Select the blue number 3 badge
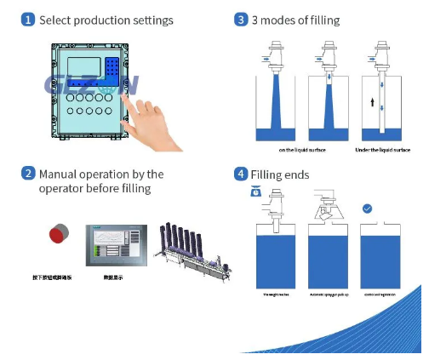click(x=241, y=20)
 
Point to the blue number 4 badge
click(x=241, y=174)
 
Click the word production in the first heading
click(x=108, y=20)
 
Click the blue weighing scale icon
click(x=255, y=192)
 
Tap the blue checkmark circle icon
click(x=367, y=208)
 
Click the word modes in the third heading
click(x=277, y=20)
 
